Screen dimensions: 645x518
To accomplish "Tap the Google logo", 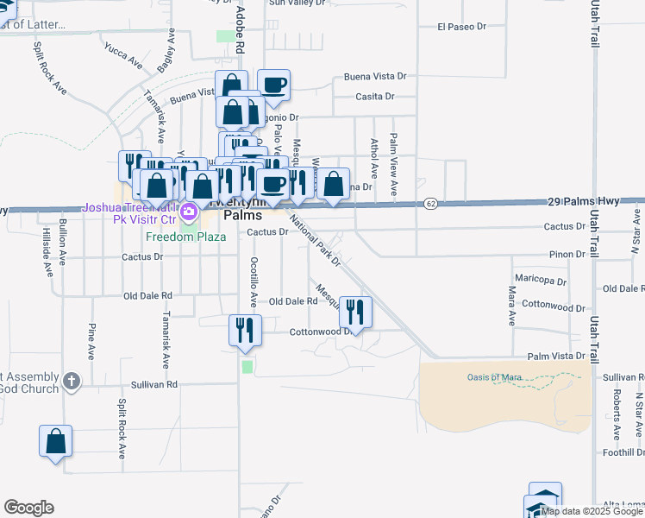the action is [x=28, y=508].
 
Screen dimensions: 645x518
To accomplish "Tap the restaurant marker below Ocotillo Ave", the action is [x=244, y=330].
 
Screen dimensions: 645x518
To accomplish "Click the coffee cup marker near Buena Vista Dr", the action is [x=274, y=85].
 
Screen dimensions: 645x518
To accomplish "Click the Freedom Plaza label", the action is [x=185, y=237].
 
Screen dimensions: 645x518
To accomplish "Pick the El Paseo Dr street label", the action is [x=462, y=27].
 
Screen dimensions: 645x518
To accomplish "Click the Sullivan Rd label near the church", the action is [x=153, y=384].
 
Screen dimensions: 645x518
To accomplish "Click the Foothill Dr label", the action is [x=623, y=452].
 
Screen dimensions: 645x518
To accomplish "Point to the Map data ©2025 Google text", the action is [x=592, y=511].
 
